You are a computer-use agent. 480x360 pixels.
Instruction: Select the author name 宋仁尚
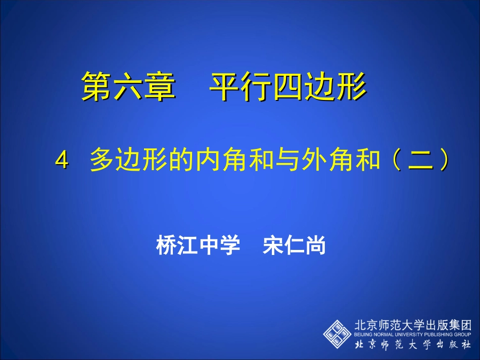coord(295,247)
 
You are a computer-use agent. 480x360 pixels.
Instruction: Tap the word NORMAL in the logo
coord(382,334)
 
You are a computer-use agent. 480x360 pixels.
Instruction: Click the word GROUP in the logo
coord(462,334)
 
